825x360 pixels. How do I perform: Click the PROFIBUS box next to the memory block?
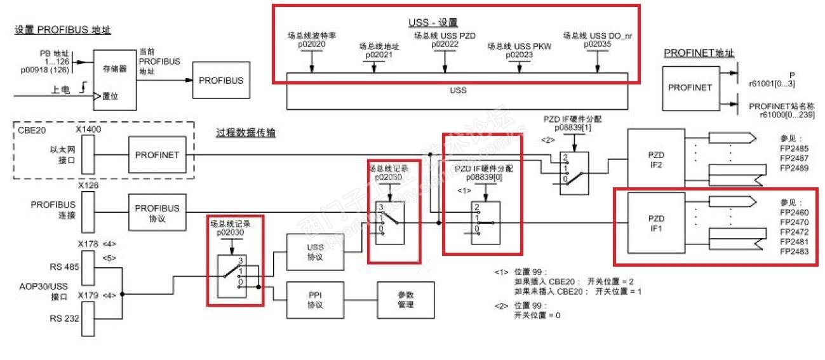coord(220,81)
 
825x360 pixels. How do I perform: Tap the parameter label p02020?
coord(311,45)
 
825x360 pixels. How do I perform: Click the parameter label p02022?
coord(445,45)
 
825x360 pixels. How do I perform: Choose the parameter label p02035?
coord(597,45)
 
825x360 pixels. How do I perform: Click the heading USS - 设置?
coord(433,23)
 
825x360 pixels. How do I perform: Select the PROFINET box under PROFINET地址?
coord(689,88)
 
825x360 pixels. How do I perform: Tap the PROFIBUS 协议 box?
coord(157,213)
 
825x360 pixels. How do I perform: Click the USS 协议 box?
coord(314,252)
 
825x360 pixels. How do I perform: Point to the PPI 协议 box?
coord(314,300)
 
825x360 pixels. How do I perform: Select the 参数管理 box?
coord(405,300)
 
